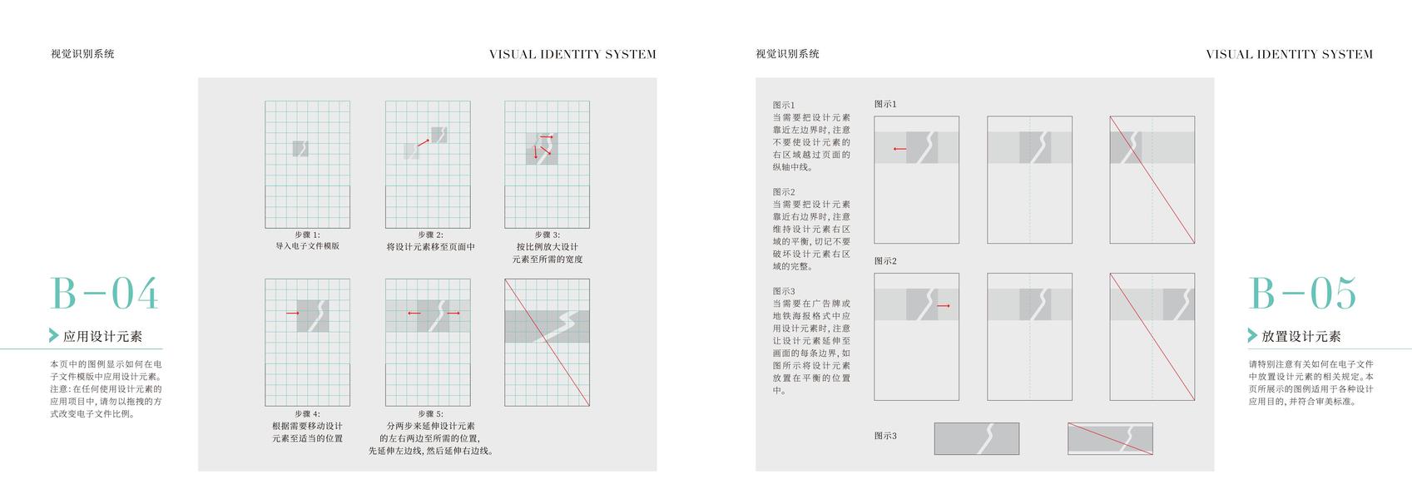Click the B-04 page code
(104, 294)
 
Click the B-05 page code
(1302, 294)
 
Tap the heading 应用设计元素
(102, 337)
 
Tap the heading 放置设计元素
(1301, 337)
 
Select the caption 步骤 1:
(307, 235)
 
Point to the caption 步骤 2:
(430, 235)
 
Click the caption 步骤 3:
(547, 235)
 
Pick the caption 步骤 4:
(307, 413)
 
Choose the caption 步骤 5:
(430, 413)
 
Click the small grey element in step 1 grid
(300, 149)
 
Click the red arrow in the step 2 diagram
(424, 142)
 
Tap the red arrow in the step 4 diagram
(292, 314)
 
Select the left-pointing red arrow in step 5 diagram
(414, 314)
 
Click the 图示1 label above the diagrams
(885, 104)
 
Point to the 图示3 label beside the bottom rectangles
(885, 436)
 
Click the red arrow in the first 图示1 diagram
(899, 149)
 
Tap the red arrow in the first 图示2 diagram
(943, 306)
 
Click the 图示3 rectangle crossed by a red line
(1110, 438)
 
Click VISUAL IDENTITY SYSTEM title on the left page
(572, 55)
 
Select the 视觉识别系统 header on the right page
(787, 54)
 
